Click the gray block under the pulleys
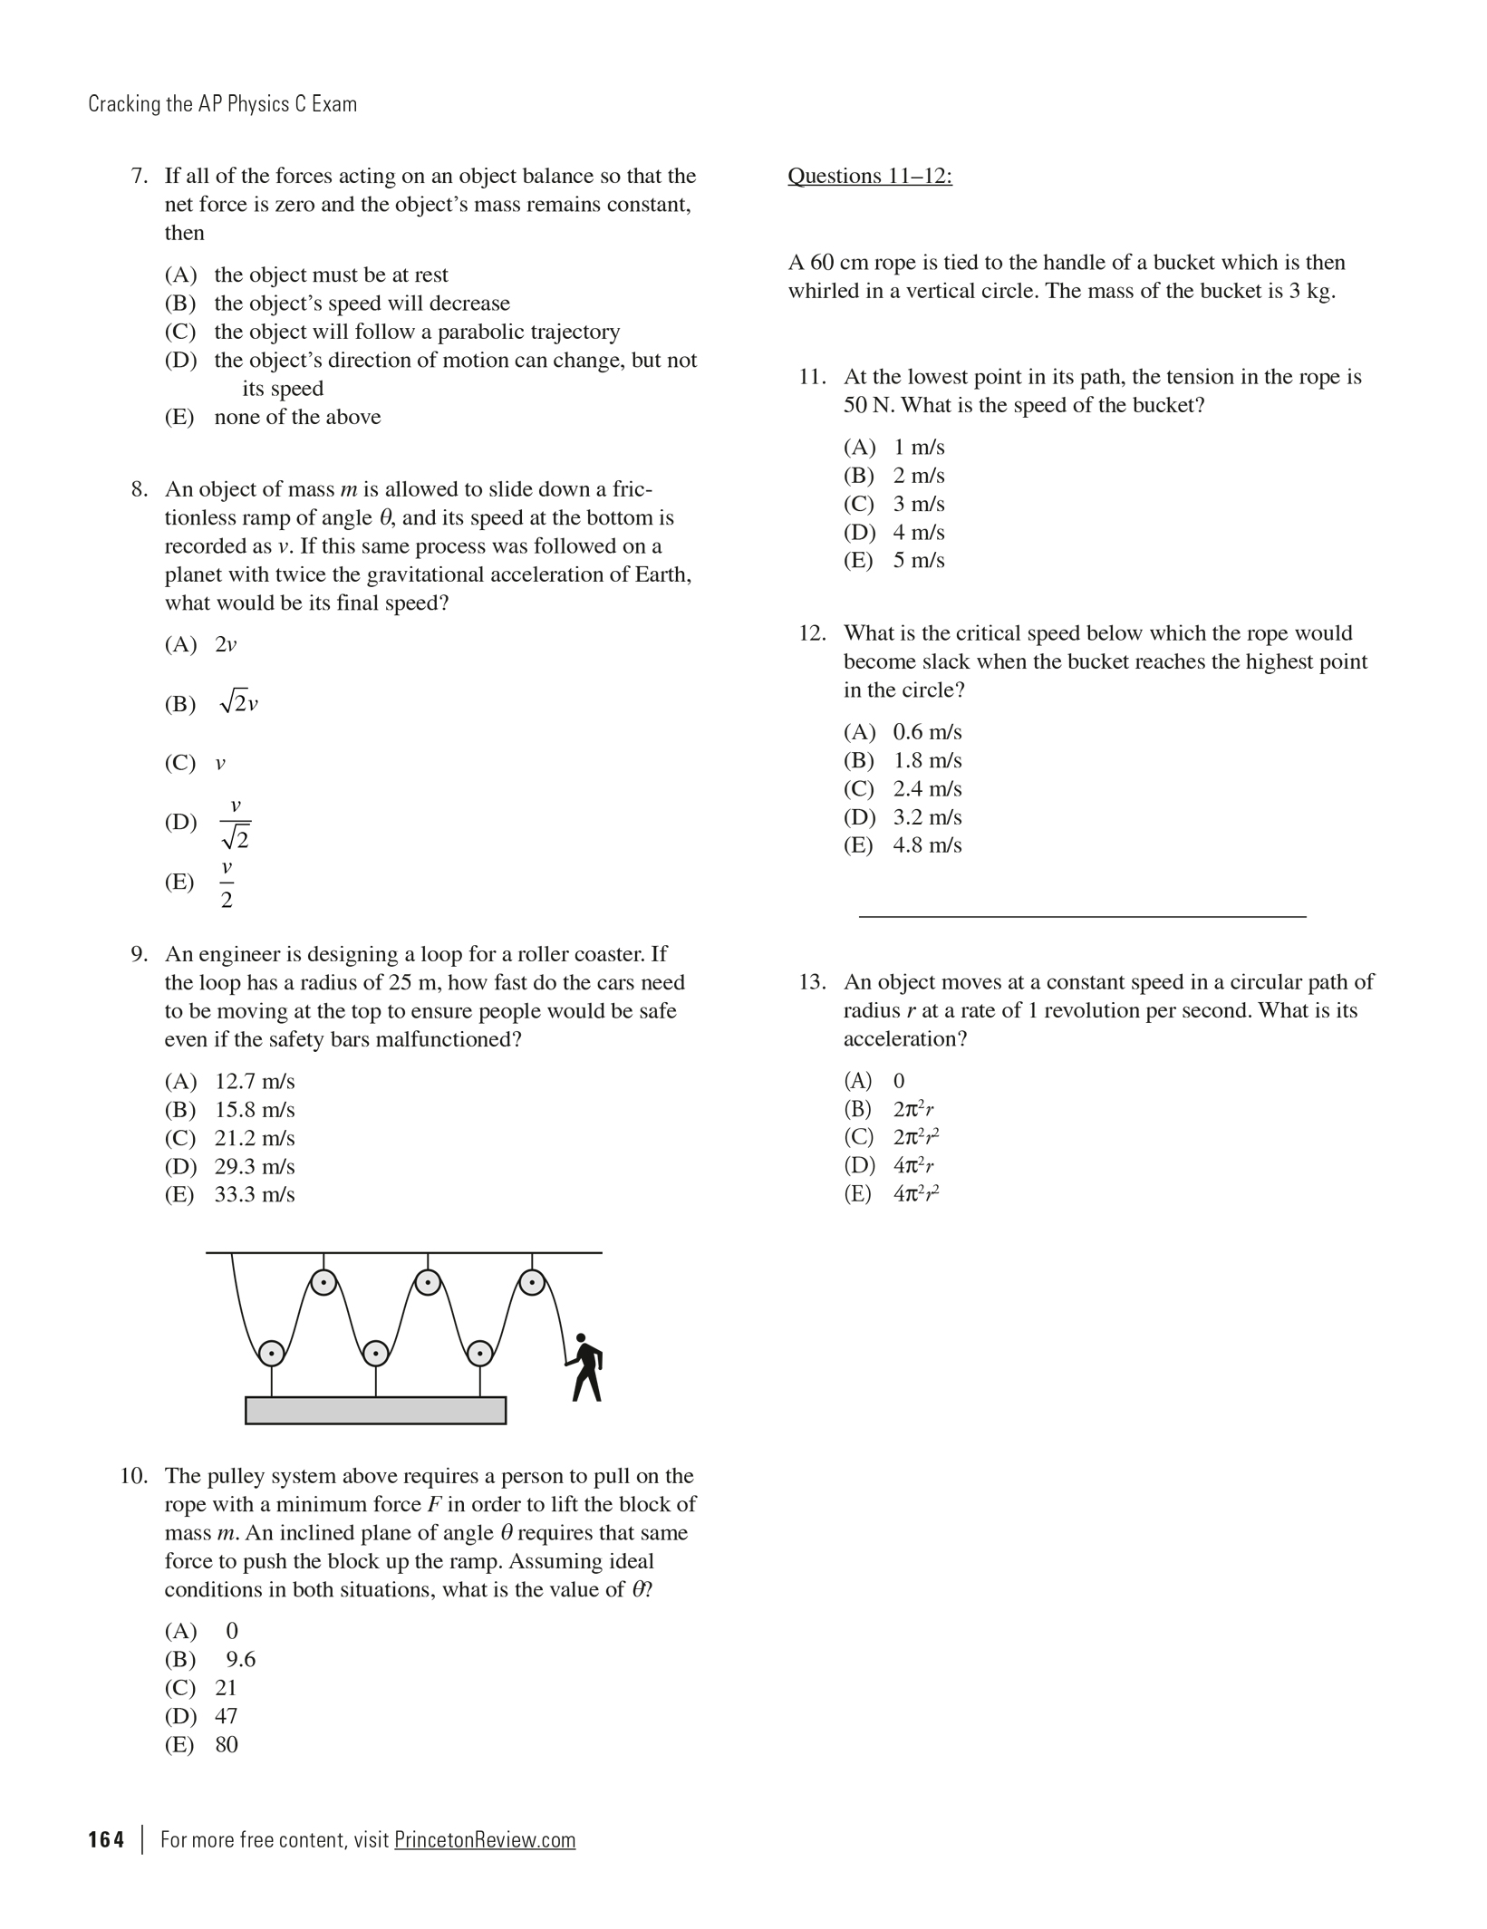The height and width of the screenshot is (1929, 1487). (375, 1410)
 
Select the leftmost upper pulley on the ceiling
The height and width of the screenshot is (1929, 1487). (323, 1282)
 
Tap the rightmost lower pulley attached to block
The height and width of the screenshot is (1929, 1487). (479, 1353)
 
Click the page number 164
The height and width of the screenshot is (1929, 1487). (106, 1839)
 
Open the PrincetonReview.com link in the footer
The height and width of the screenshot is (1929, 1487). (485, 1839)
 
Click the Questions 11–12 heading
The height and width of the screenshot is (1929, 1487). (869, 176)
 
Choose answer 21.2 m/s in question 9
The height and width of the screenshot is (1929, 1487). (254, 1138)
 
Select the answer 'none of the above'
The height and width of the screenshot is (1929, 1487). (297, 417)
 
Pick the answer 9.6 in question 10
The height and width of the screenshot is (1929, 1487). (240, 1659)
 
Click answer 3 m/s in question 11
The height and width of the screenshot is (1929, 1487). (918, 504)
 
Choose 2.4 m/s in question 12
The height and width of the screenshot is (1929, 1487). (926, 788)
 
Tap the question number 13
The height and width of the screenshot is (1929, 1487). (811, 982)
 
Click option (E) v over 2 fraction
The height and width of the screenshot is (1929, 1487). (227, 883)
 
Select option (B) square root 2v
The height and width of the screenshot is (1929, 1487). (238, 704)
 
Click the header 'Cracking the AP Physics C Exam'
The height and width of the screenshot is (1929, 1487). (222, 104)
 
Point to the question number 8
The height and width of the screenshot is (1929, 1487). (139, 490)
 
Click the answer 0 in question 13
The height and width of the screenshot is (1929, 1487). (898, 1081)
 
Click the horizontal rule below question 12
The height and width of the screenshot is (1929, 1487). (1082, 917)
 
